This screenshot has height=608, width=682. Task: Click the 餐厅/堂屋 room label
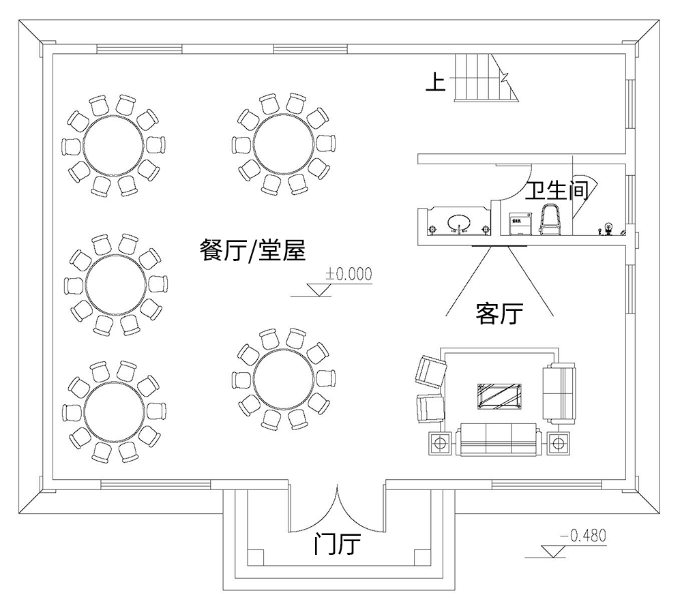coord(252,252)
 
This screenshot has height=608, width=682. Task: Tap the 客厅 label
coord(499,314)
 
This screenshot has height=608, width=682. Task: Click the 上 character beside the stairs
coord(435,82)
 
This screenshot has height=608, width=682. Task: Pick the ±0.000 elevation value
coord(349,274)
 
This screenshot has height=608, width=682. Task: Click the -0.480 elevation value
coord(582,536)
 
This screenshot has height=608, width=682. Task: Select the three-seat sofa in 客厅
coord(500,440)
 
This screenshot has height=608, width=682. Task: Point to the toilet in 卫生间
coord(550,219)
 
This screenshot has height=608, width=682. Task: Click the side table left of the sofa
coord(440,444)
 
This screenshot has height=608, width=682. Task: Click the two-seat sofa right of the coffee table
coord(559,393)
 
